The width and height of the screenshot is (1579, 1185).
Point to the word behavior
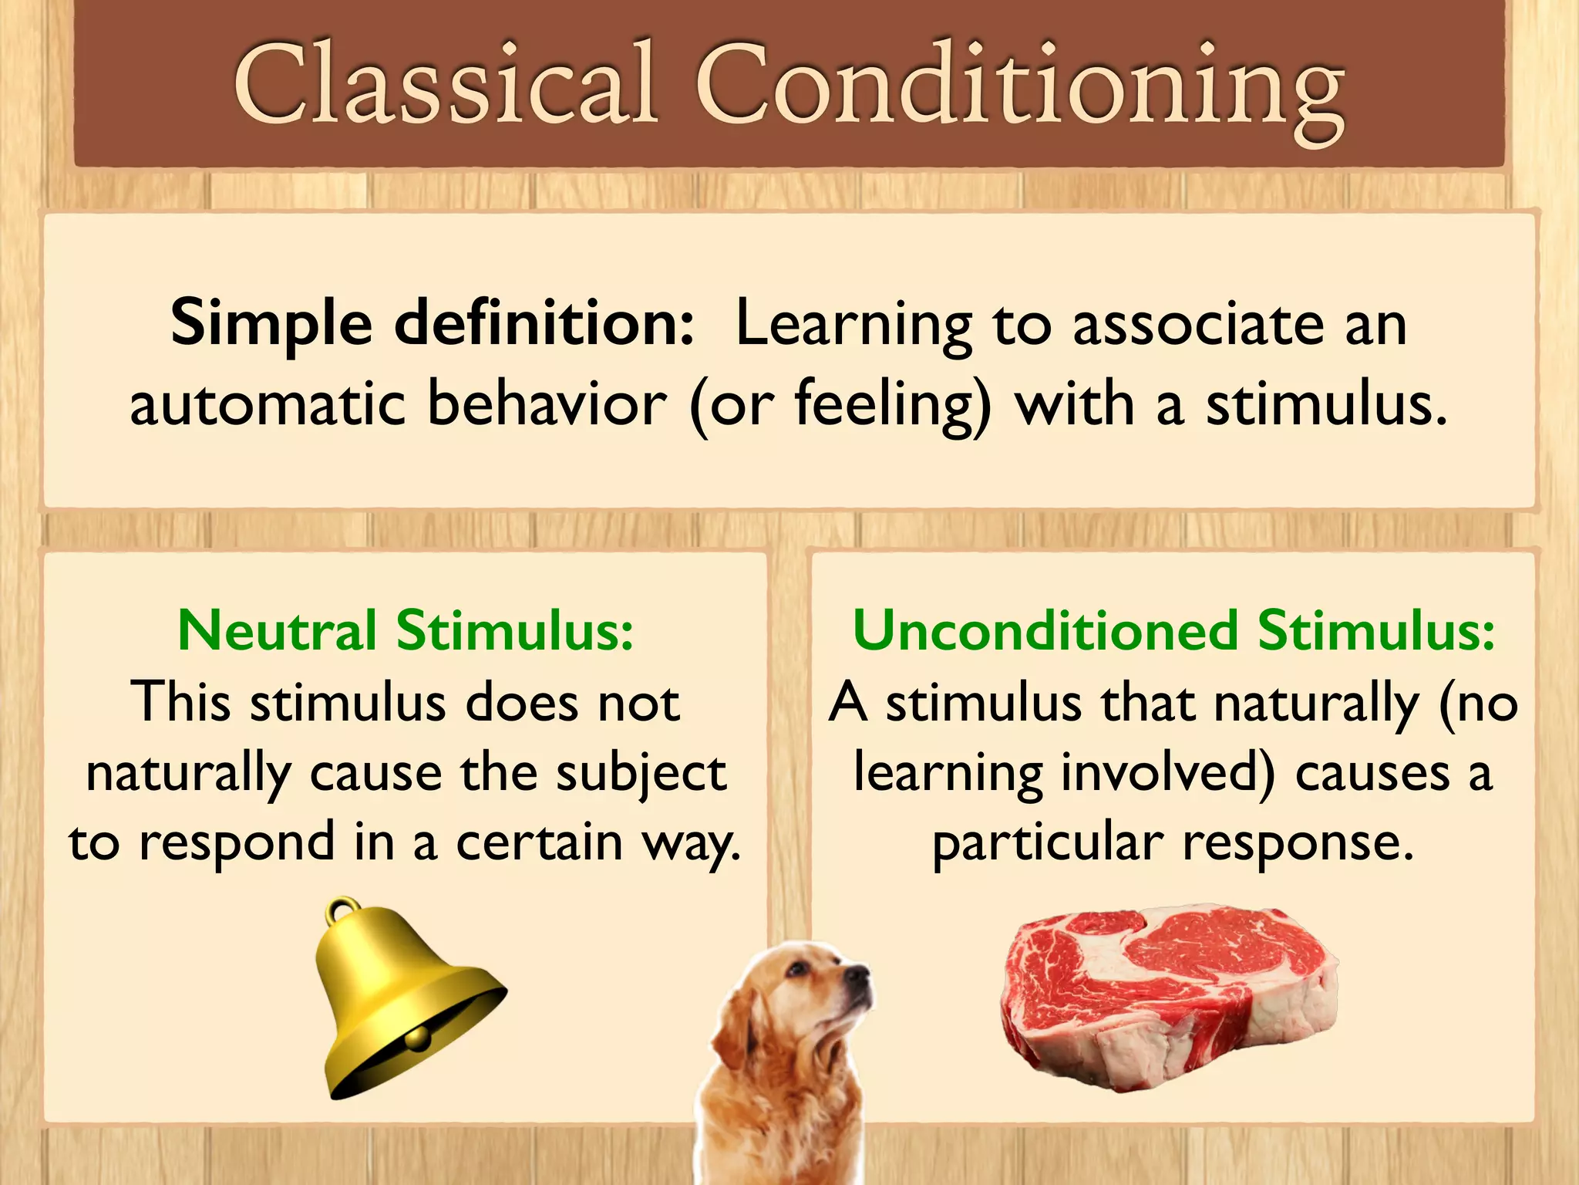click(x=546, y=404)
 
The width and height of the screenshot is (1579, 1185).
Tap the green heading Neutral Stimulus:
click(x=406, y=631)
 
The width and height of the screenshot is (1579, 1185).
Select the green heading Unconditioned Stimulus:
click(x=1173, y=631)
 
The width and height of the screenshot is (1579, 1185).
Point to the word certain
click(x=539, y=842)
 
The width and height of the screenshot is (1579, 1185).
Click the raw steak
click(x=1168, y=995)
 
